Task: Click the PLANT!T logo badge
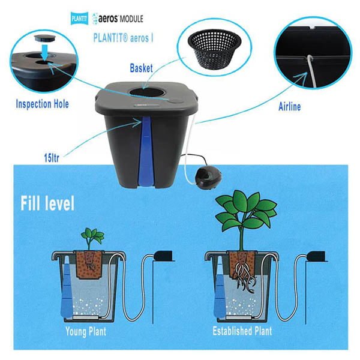tap(79, 19)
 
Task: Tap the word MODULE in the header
tap(131, 19)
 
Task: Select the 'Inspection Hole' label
tap(42, 104)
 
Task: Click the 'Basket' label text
tap(141, 68)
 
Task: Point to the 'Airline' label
tap(290, 107)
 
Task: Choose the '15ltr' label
tap(52, 158)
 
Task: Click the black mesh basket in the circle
tap(214, 48)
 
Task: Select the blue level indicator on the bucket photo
tap(146, 152)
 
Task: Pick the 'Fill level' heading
tap(47, 203)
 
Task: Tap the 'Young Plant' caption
tap(86, 332)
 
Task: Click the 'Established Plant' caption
tap(242, 331)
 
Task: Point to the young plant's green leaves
tap(92, 236)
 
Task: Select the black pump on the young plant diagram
tap(163, 256)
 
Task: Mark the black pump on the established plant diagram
tap(316, 256)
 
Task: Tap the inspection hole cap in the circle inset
tap(43, 38)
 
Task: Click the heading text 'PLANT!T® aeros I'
tap(123, 38)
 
